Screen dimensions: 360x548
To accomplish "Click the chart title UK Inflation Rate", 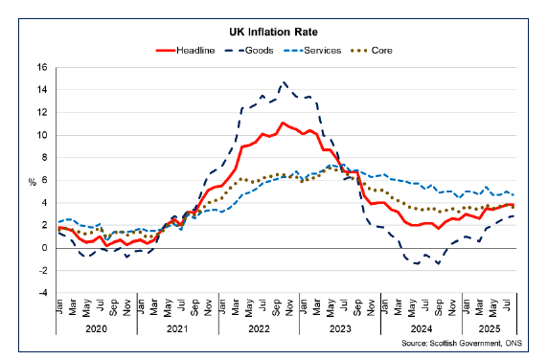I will (x=274, y=32).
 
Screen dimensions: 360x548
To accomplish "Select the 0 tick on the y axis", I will (x=44, y=248).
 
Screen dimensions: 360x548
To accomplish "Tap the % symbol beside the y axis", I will (x=32, y=181).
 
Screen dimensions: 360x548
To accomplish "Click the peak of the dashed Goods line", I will (x=283, y=82).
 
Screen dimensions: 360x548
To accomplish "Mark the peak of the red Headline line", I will (x=283, y=123).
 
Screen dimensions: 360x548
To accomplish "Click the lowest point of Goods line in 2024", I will (x=418, y=263).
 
